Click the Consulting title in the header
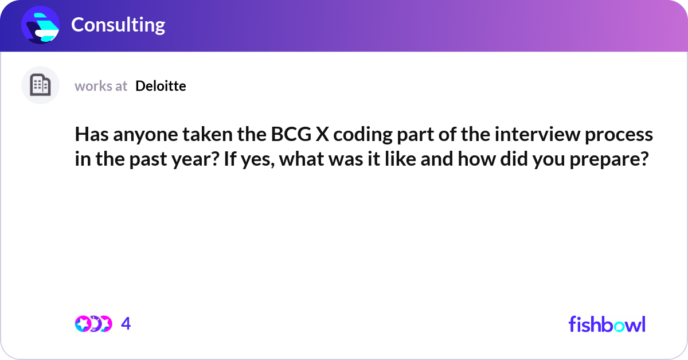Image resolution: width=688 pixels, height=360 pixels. pyautogui.click(x=118, y=25)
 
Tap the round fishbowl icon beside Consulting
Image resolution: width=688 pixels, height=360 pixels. pyautogui.click(x=41, y=25)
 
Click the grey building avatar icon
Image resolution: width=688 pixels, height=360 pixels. pyautogui.click(x=40, y=85)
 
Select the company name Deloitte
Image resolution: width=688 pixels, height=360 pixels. pyautogui.click(x=161, y=86)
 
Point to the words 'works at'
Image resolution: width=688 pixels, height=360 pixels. pyautogui.click(x=101, y=86)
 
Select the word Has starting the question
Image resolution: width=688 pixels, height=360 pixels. pyautogui.click(x=89, y=135)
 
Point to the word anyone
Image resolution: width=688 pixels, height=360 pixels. pyautogui.click(x=138, y=135)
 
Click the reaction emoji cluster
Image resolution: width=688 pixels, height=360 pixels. pyautogui.click(x=93, y=324)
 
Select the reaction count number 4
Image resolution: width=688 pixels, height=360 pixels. pyautogui.click(x=126, y=324)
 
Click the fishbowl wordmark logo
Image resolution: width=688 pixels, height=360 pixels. pyautogui.click(x=607, y=324)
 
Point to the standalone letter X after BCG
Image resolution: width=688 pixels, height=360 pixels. pyautogui.click(x=320, y=135)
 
